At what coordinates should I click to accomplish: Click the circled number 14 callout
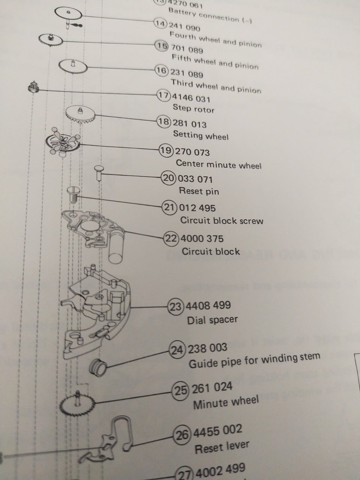coord(160,24)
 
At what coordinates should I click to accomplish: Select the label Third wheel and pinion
coord(216,87)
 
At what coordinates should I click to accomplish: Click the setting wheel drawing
coord(81,114)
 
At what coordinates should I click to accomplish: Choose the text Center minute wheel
coord(219,164)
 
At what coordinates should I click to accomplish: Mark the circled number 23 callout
coord(176,306)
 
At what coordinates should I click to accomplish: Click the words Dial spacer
coord(212,320)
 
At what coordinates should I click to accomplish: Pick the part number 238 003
coord(208,348)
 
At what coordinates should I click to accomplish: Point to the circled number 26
coord(182,435)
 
